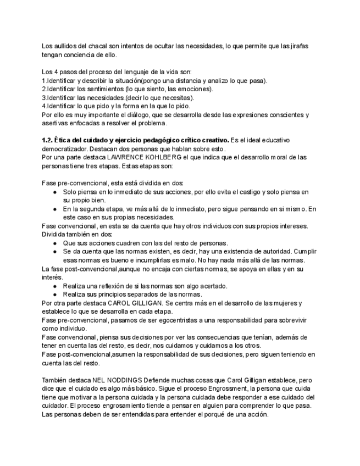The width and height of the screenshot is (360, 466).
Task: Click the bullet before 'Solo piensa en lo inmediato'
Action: pos(55,192)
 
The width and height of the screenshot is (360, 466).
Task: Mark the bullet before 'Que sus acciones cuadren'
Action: pos(55,243)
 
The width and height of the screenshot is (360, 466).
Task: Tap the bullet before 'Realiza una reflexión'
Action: pos(55,286)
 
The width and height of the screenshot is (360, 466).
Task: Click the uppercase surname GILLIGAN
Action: pos(149,303)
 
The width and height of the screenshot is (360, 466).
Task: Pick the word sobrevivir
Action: pos(290,320)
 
